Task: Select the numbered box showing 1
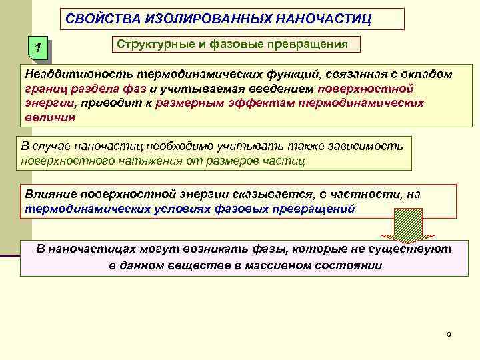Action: click(40, 48)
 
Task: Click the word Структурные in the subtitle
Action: click(152, 44)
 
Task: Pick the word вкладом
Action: click(426, 73)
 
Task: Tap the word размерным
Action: click(190, 103)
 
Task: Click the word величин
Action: click(47, 117)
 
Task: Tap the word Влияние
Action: click(51, 193)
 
